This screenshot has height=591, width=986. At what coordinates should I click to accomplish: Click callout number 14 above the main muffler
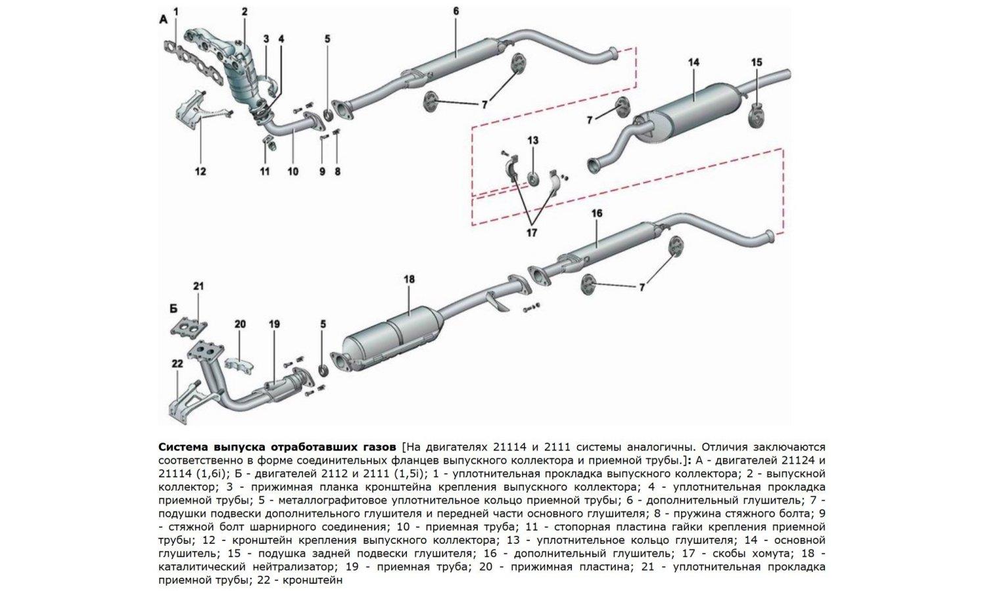coord(693,62)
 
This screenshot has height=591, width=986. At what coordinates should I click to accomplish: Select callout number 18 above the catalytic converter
coord(409,279)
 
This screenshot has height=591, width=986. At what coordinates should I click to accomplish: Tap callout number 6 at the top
coord(456,11)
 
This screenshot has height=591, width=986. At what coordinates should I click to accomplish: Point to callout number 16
coord(596,214)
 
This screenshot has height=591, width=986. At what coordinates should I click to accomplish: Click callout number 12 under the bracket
coord(200,171)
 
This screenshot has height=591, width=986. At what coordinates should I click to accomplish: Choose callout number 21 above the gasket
coord(199,286)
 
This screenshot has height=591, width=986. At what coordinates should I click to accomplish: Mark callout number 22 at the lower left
coord(177,364)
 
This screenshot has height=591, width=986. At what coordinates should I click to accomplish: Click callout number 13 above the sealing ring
coord(532,141)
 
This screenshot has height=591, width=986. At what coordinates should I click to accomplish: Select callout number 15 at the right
coord(757,62)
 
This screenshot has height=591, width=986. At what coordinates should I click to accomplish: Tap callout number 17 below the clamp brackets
coord(531,232)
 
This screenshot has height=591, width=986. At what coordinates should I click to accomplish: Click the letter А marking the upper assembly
coord(164,20)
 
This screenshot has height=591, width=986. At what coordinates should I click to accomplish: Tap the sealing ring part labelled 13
coord(532,177)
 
